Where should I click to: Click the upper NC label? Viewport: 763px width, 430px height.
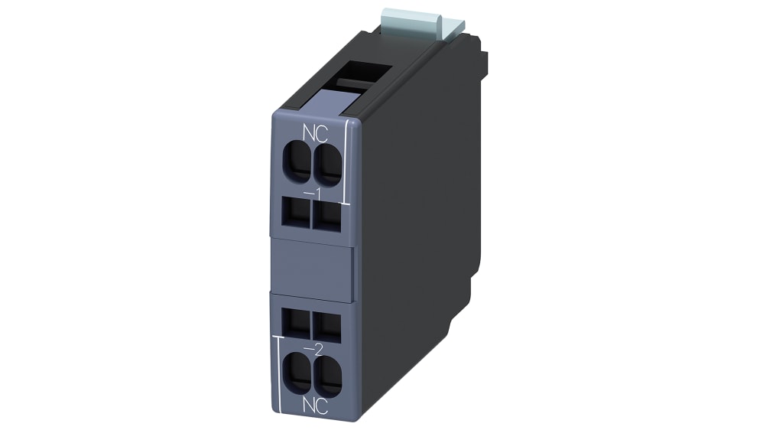coord(315,133)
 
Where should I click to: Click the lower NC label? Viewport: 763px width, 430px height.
coord(315,406)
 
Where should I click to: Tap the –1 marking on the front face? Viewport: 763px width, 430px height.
coord(313,194)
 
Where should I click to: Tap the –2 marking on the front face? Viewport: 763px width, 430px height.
coord(313,349)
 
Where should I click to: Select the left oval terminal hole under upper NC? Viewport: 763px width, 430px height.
coord(297,161)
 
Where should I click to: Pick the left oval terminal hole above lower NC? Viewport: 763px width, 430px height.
coord(297,373)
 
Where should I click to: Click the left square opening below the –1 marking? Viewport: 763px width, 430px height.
coord(297,212)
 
